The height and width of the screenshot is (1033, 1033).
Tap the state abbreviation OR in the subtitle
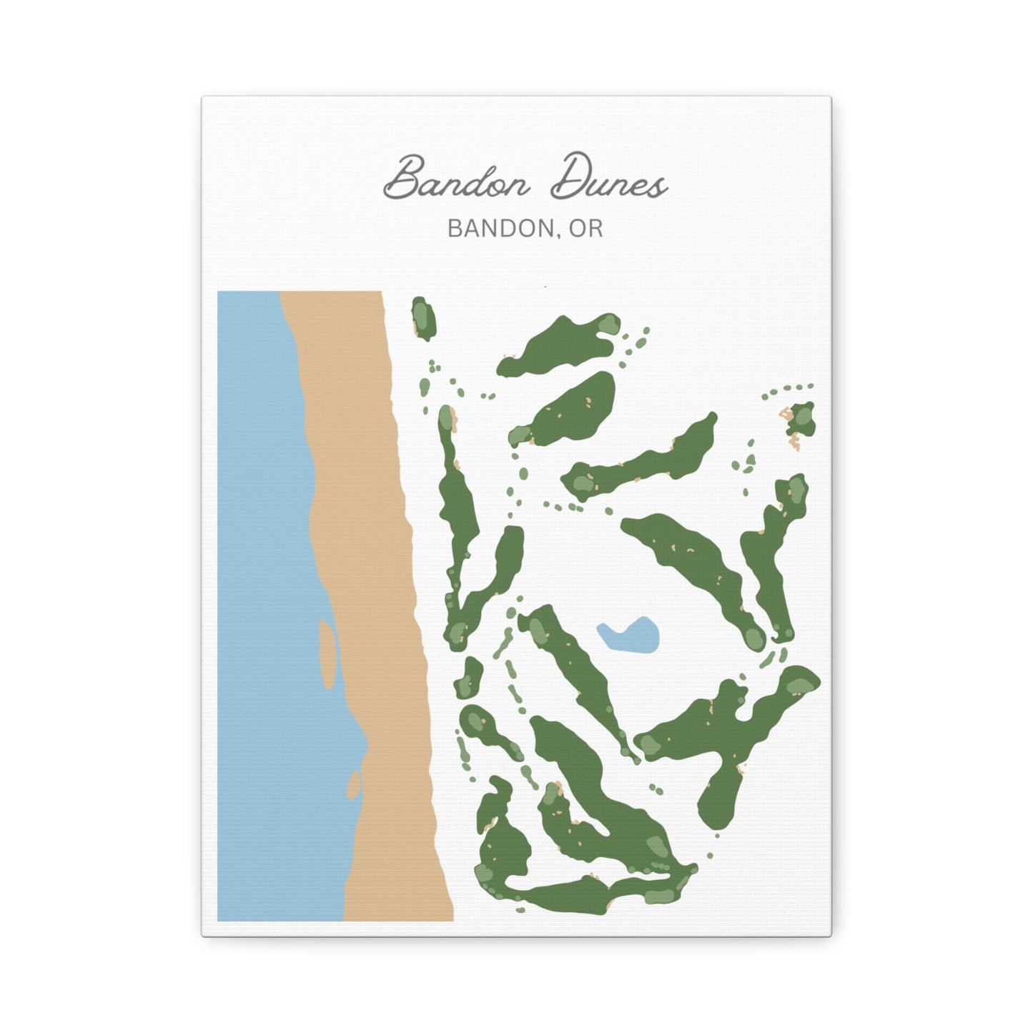(x=585, y=229)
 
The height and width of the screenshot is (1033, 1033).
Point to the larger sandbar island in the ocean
(x=327, y=653)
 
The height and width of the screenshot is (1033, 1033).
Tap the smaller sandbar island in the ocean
(x=353, y=784)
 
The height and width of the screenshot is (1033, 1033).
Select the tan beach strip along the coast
(x=372, y=572)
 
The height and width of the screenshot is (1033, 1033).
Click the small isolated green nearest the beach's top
(x=424, y=318)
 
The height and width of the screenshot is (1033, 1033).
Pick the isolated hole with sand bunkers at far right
(x=801, y=420)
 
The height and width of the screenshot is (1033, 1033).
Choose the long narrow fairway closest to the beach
(x=458, y=500)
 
